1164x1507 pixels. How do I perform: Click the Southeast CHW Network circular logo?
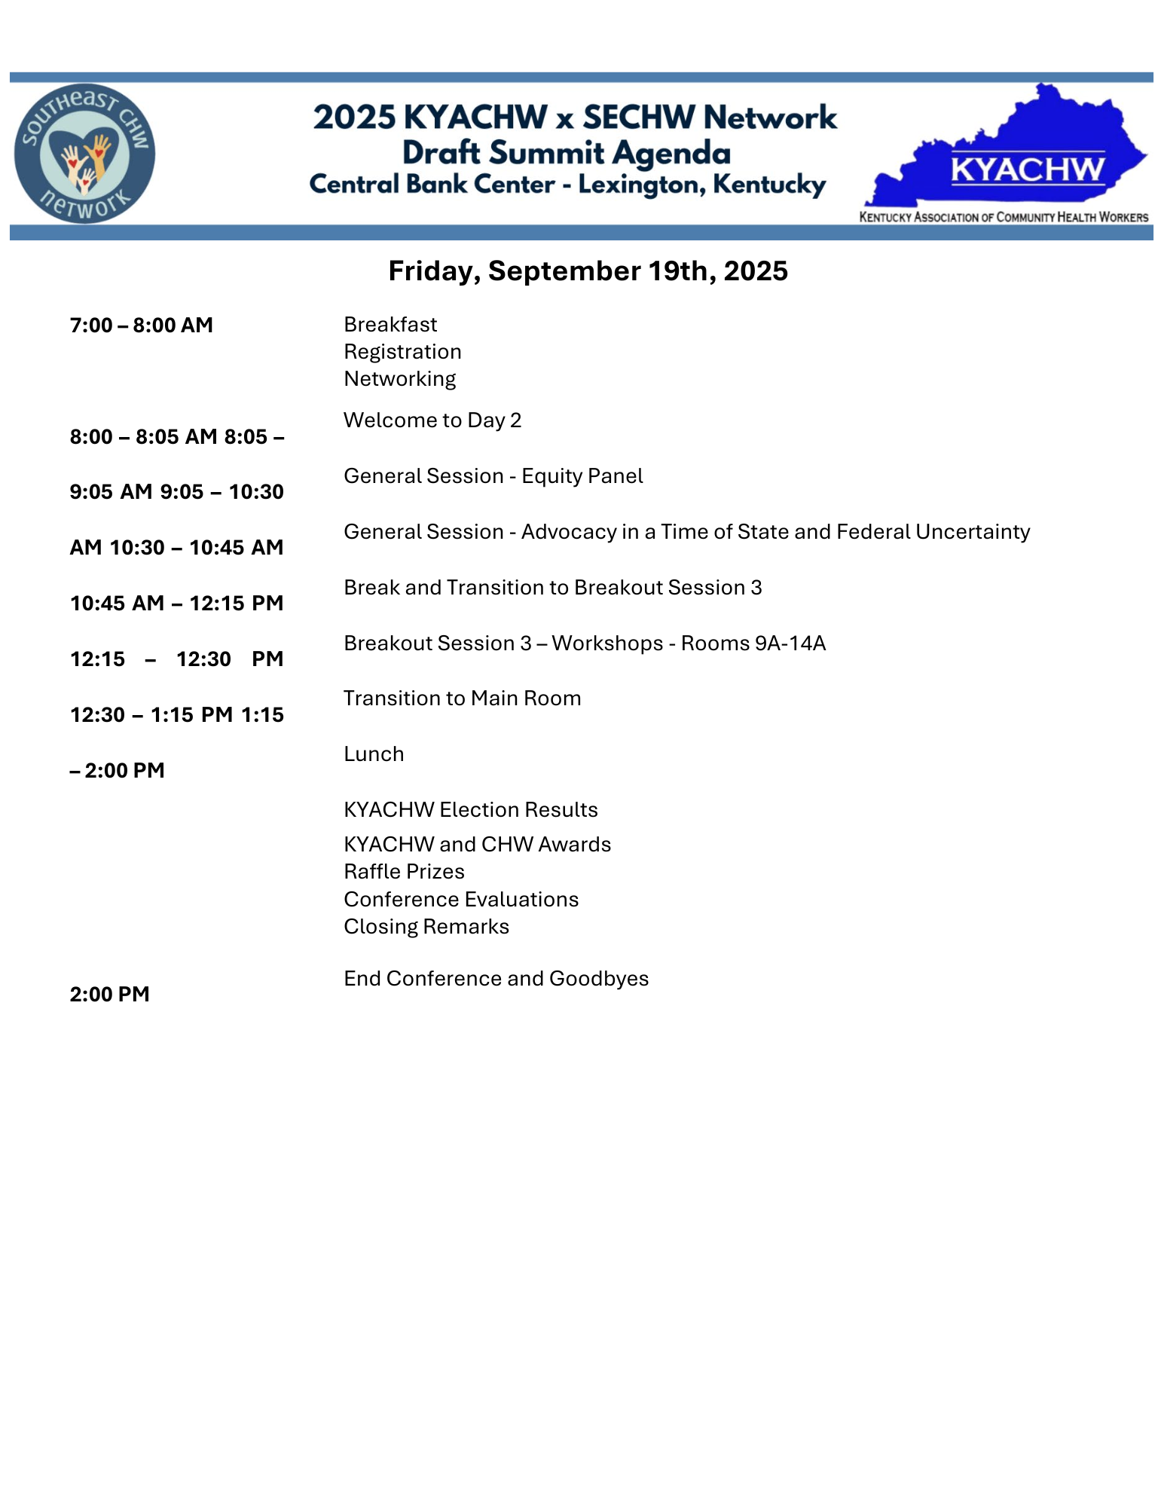click(84, 153)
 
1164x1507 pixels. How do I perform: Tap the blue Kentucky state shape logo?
click(1010, 151)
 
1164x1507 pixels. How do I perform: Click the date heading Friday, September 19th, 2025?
click(588, 271)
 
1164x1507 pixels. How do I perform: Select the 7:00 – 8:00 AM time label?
click(142, 326)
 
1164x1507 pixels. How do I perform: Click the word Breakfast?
click(390, 325)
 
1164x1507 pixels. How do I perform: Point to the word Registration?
click(402, 352)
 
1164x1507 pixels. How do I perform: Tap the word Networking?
click(400, 379)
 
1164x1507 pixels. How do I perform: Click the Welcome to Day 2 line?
click(432, 420)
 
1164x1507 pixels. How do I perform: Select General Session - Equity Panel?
click(493, 476)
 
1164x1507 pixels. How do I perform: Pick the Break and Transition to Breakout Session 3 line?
click(553, 588)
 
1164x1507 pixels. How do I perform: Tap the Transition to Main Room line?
click(463, 698)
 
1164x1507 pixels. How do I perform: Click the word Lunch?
click(374, 754)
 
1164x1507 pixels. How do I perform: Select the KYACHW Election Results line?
click(471, 810)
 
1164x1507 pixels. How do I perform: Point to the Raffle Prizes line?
click(404, 872)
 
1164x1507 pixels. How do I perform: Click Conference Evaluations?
click(461, 900)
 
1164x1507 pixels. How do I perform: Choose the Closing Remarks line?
click(426, 927)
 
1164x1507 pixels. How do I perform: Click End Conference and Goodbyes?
click(496, 979)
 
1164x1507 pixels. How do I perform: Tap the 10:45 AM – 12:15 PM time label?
click(177, 604)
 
